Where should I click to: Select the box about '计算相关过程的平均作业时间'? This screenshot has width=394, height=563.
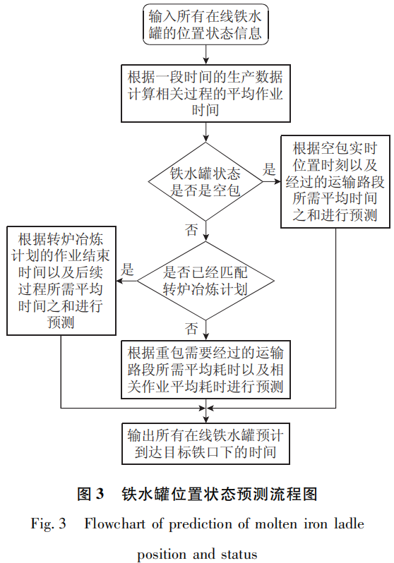point(205,92)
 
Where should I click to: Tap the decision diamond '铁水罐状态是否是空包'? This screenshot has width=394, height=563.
point(205,182)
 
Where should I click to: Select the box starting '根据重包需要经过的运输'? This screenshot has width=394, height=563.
point(205,369)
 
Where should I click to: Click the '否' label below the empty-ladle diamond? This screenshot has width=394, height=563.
point(191,229)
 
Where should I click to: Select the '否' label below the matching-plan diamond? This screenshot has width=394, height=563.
point(191,328)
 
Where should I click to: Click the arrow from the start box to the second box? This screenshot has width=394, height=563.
point(205,54)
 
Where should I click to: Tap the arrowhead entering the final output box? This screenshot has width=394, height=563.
point(205,417)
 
